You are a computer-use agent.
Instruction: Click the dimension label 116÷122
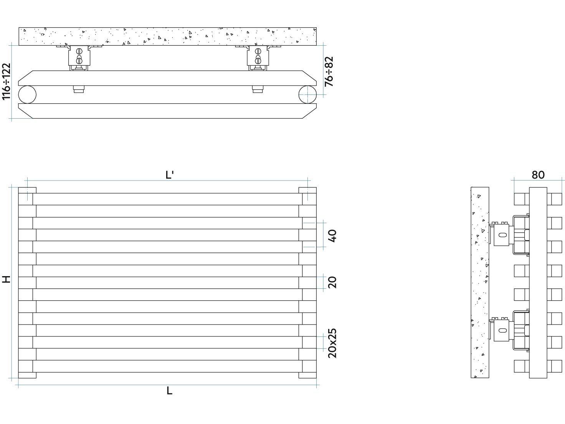(x=7, y=81)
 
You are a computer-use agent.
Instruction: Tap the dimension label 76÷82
(x=329, y=71)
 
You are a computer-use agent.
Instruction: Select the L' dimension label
(x=170, y=175)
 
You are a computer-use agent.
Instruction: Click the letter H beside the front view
(x=6, y=279)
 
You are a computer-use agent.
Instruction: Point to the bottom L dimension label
(x=169, y=391)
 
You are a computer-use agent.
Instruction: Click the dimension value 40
(x=332, y=236)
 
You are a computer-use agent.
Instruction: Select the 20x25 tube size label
(x=332, y=343)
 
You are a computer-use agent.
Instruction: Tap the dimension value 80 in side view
(x=538, y=175)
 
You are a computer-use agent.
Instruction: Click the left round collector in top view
(x=27, y=94)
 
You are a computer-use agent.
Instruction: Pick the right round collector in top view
(x=307, y=94)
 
